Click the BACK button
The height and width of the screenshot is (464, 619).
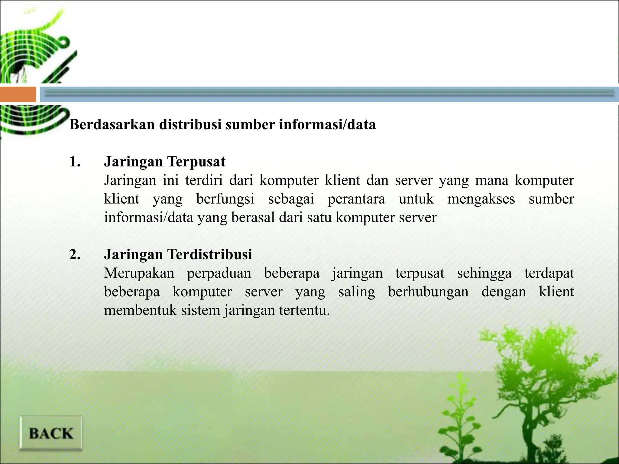(x=51, y=433)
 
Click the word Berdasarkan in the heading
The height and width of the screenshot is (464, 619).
(x=112, y=124)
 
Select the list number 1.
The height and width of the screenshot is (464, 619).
(x=75, y=162)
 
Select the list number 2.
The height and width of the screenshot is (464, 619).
(x=75, y=254)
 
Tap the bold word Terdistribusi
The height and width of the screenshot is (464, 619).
(x=209, y=254)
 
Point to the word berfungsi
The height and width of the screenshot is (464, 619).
(x=225, y=199)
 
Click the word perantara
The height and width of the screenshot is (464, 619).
(x=356, y=199)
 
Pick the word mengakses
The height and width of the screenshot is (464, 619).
(x=481, y=199)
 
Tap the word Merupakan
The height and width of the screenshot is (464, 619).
(x=139, y=273)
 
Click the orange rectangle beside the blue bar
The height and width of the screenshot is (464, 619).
(x=18, y=94)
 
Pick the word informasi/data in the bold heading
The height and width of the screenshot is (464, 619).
(x=327, y=124)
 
